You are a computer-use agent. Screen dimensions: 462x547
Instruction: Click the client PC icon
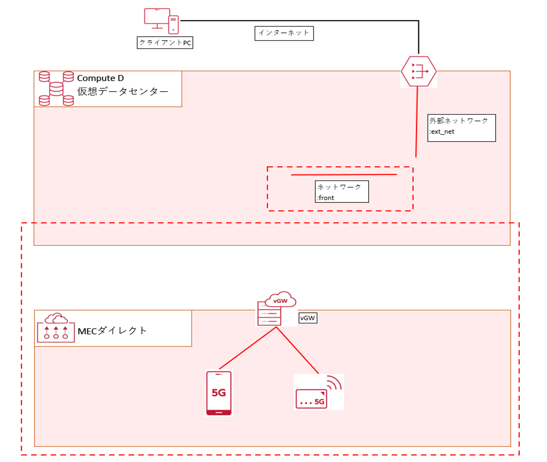[x=161, y=21]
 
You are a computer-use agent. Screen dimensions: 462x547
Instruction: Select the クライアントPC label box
[x=165, y=43]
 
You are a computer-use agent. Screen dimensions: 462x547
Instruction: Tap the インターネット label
[x=284, y=33]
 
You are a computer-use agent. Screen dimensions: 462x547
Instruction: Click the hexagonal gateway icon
[x=419, y=71]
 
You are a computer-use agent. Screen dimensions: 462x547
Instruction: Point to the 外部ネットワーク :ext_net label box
[x=462, y=128]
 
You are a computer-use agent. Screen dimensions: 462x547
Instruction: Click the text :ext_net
[x=442, y=132]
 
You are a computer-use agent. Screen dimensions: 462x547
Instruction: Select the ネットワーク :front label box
[x=342, y=192]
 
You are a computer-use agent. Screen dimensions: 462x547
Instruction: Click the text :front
[x=326, y=198]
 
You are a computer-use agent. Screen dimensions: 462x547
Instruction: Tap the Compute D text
[x=100, y=78]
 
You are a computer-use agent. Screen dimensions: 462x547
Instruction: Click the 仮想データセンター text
[x=123, y=92]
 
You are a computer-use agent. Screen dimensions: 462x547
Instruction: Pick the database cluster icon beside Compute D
[x=56, y=89]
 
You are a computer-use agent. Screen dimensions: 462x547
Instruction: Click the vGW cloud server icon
[x=276, y=308]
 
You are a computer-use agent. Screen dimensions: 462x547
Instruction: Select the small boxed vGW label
[x=308, y=318]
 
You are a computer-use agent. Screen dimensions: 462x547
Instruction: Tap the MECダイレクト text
[x=112, y=331]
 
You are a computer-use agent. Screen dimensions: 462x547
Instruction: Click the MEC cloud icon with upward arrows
[x=56, y=328]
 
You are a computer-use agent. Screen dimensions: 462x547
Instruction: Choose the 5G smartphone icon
[x=219, y=393]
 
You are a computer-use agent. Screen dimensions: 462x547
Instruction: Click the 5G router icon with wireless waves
[x=318, y=392]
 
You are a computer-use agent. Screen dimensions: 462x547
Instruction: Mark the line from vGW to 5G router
[x=297, y=350]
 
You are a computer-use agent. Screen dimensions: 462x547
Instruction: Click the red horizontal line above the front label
[x=344, y=175]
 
